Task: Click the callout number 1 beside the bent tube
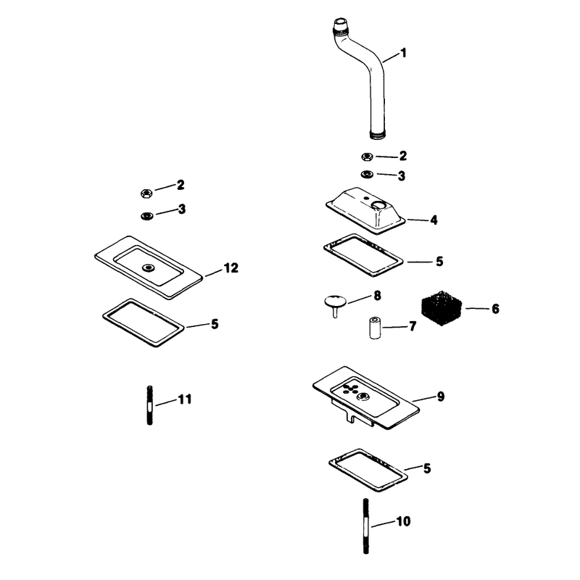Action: [x=404, y=53]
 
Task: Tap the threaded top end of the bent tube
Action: [x=339, y=25]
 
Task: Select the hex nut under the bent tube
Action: [x=367, y=157]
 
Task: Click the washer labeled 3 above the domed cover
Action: [x=367, y=174]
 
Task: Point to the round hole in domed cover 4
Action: [x=378, y=204]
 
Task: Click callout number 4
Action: [x=434, y=220]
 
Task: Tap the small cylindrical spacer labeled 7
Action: [x=375, y=328]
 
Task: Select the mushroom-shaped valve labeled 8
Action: [x=336, y=304]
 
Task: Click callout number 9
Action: [x=441, y=397]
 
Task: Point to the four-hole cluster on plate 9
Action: [x=350, y=389]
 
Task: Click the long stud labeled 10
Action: [x=366, y=526]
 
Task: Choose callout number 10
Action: [x=403, y=521]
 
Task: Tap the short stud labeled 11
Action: [x=150, y=405]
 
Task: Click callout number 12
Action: [x=231, y=268]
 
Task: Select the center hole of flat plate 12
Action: [x=149, y=267]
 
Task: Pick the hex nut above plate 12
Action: [x=146, y=193]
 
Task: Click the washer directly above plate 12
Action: [x=147, y=215]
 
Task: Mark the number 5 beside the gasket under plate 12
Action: [x=215, y=324]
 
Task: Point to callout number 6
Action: [x=495, y=309]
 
